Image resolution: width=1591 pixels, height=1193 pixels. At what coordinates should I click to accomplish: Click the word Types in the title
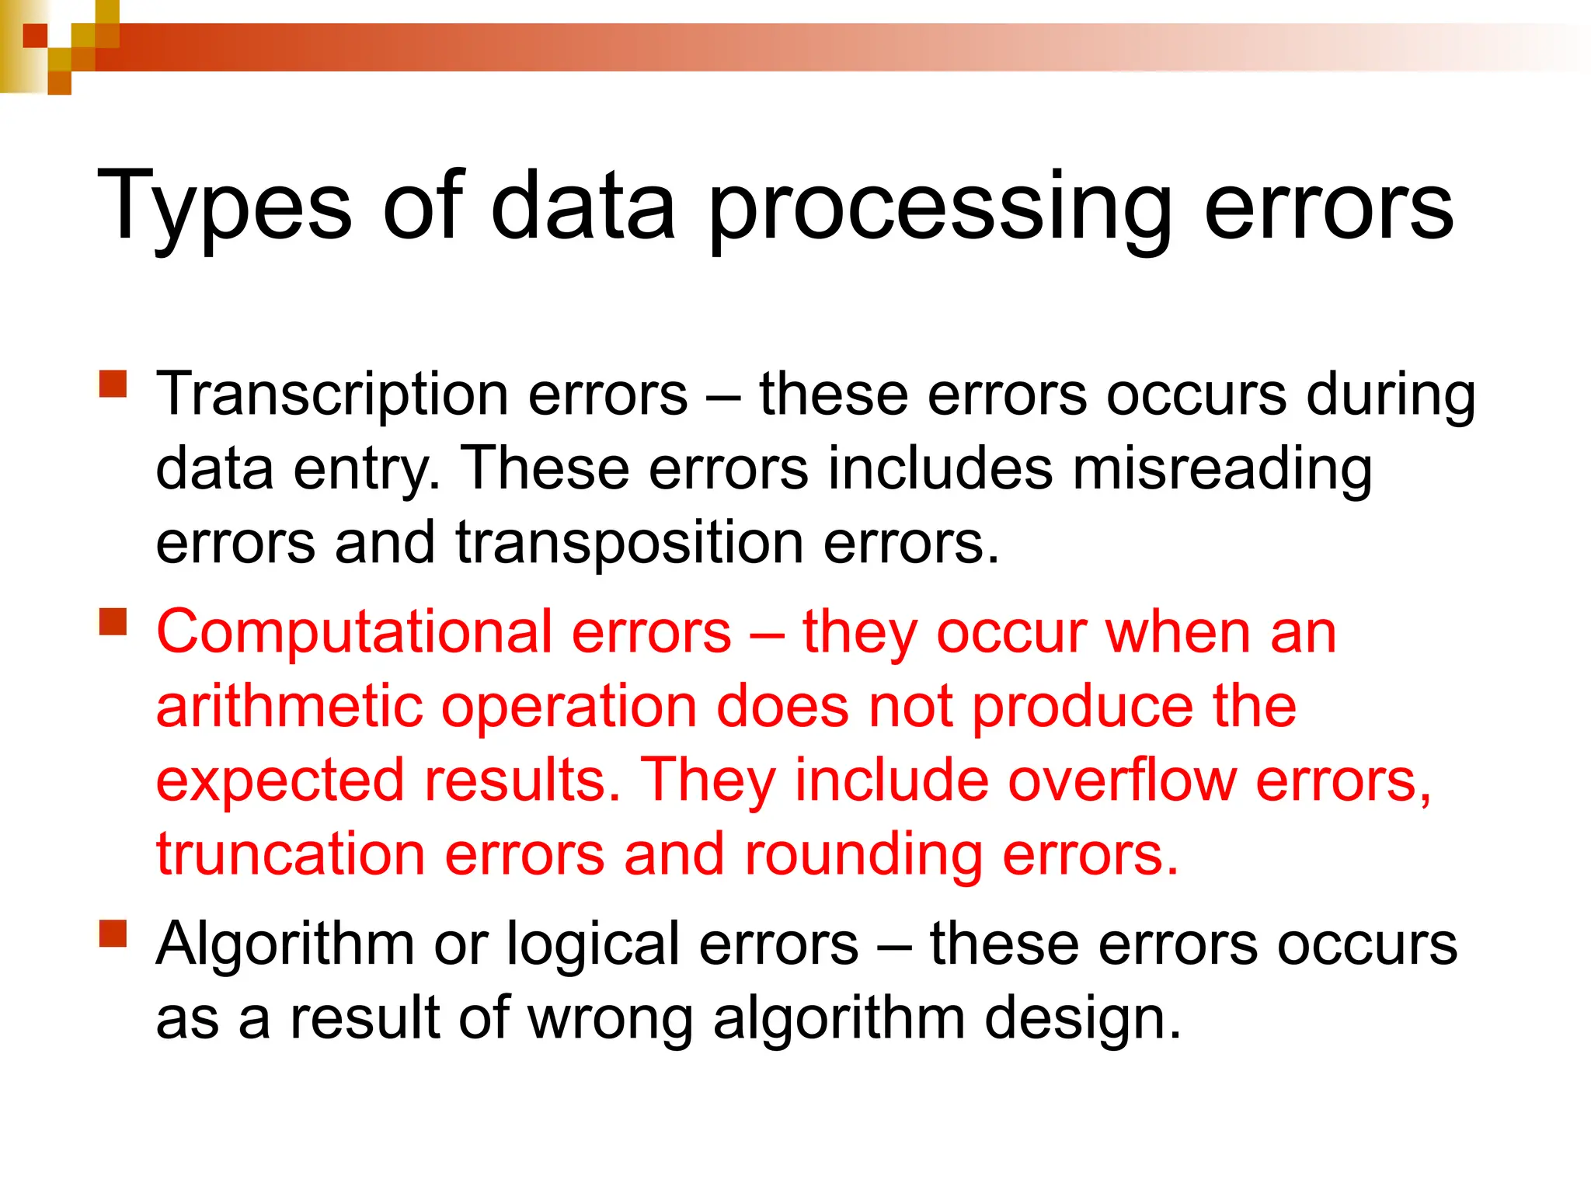pyautogui.click(x=225, y=206)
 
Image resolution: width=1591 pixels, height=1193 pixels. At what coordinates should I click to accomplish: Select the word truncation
pyautogui.click(x=291, y=854)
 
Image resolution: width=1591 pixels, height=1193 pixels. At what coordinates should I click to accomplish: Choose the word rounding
pyautogui.click(x=863, y=855)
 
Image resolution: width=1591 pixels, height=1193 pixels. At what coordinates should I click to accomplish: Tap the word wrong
pyautogui.click(x=611, y=1018)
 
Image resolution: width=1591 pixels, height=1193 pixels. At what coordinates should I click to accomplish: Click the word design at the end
pyautogui.click(x=1083, y=1018)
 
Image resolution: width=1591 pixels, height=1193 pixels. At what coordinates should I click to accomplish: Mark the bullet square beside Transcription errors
pyautogui.click(x=113, y=384)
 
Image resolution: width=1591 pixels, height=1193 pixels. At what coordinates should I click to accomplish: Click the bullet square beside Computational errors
pyautogui.click(x=113, y=622)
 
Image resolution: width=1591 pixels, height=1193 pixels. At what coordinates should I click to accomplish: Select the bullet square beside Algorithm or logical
pyautogui.click(x=113, y=934)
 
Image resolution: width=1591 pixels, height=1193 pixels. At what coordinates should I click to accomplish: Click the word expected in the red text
pyautogui.click(x=280, y=781)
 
